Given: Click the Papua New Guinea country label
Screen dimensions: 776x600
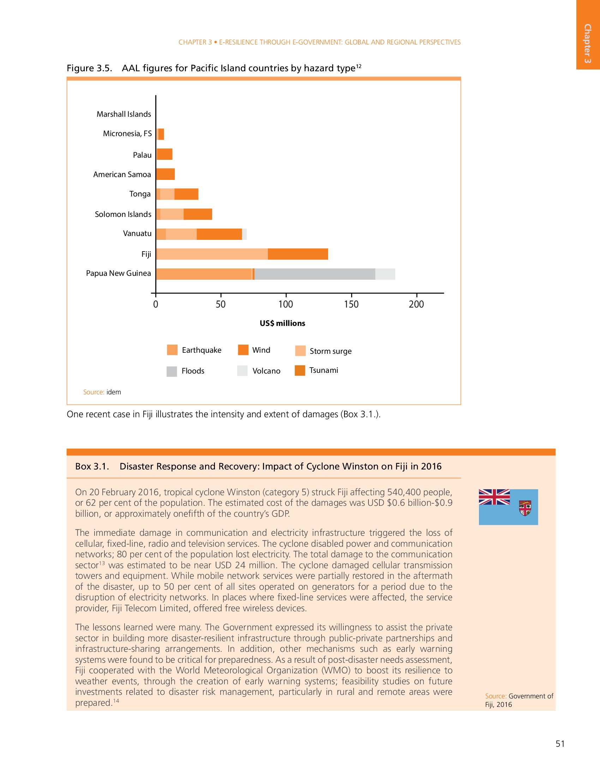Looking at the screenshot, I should pyautogui.click(x=118, y=273).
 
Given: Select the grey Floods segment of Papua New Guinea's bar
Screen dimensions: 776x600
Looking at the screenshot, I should pyautogui.click(x=314, y=274).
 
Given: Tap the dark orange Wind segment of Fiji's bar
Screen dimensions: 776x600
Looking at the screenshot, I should pyautogui.click(x=298, y=254).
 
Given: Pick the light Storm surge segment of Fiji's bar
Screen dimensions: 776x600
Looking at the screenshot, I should pyautogui.click(x=212, y=254).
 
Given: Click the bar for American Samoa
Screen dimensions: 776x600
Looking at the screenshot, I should pyautogui.click(x=165, y=174).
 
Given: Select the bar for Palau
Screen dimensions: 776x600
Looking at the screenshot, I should pyautogui.click(x=164, y=154).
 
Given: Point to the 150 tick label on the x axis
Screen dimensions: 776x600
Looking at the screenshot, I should pyautogui.click(x=351, y=304).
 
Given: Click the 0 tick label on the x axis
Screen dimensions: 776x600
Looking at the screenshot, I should pyautogui.click(x=156, y=304).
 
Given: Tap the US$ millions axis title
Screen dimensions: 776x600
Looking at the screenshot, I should pyautogui.click(x=282, y=323).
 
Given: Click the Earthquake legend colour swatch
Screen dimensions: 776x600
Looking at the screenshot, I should pyautogui.click(x=172, y=350).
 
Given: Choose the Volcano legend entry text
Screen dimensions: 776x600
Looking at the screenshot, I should pyautogui.click(x=266, y=371).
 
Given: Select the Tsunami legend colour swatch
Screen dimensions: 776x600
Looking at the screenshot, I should pyautogui.click(x=300, y=370).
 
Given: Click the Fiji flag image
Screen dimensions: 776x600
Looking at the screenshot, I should pyautogui.click(x=508, y=507).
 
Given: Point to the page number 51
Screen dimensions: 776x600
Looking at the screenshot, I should pyautogui.click(x=560, y=744).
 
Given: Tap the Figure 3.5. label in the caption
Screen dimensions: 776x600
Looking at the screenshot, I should pyautogui.click(x=89, y=68).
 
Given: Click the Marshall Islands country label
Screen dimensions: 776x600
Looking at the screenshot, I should pyautogui.click(x=124, y=114).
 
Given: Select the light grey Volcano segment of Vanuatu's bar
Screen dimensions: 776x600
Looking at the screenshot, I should pyautogui.click(x=245, y=234).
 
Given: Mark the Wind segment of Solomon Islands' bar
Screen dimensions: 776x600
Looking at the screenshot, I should pyautogui.click(x=198, y=214).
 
